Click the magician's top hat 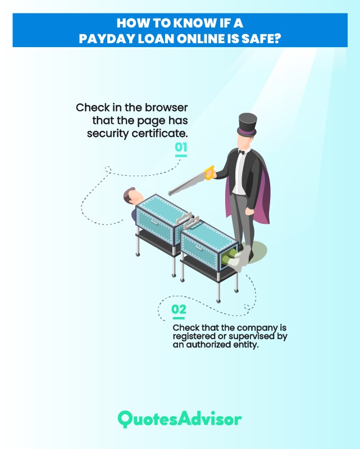tap(247, 125)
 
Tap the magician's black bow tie tap(242, 152)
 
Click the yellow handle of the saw tap(209, 173)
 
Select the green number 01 tap(181, 147)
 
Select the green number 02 tap(179, 309)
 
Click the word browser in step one tap(166, 108)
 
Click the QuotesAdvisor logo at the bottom tap(180, 419)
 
